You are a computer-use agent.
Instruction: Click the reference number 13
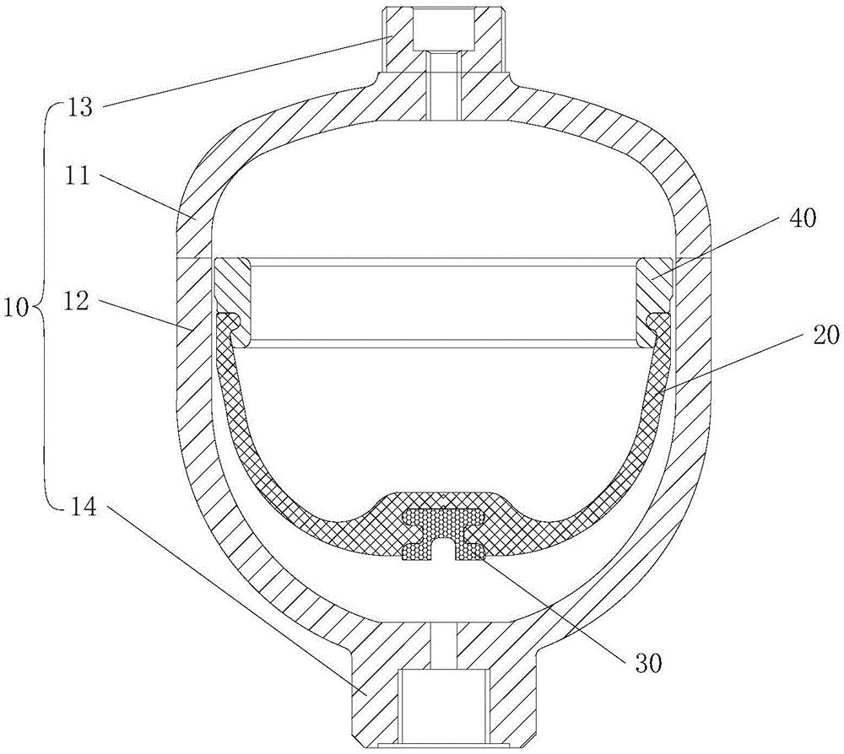tap(80, 108)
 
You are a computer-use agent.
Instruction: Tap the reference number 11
tap(78, 177)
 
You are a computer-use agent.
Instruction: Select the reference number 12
tap(75, 302)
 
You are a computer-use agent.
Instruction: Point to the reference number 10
tap(16, 310)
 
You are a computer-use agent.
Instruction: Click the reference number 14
tap(83, 506)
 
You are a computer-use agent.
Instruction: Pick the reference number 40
tap(802, 218)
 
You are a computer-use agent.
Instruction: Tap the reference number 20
tap(825, 335)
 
